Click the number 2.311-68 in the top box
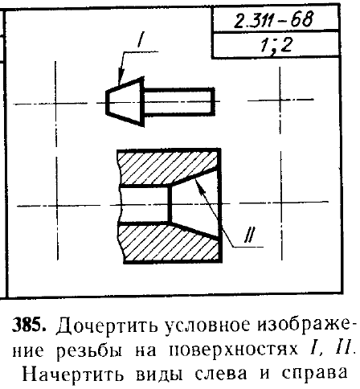coord(273,19)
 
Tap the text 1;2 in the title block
coord(276,44)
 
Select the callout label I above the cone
coord(141,39)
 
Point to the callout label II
coord(250,235)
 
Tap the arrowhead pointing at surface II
coord(200,186)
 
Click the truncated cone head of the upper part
coord(125,102)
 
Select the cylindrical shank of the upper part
coord(179,102)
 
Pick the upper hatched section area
coord(169,166)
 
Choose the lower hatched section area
coord(169,244)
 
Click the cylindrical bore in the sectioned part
coord(145,205)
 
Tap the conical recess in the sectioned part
coord(195,204)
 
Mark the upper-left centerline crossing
coord(55,103)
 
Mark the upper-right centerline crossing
coord(280,100)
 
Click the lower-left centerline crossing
coord(57,206)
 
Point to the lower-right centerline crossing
coord(281,203)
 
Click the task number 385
coord(30,325)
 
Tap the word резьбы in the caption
coord(89,350)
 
